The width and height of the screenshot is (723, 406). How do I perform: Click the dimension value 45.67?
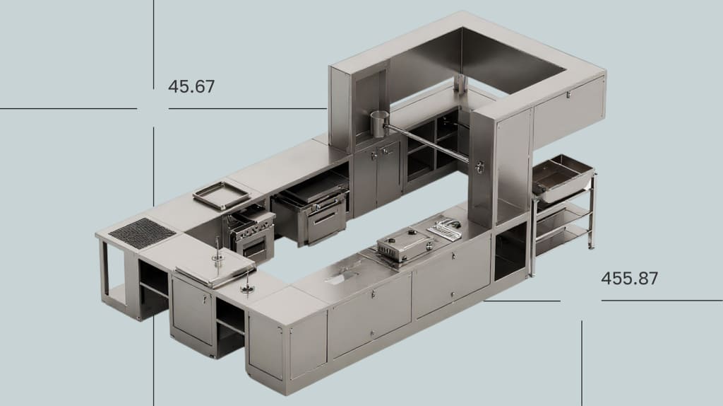191,86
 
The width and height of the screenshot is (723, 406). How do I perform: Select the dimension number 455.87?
629,279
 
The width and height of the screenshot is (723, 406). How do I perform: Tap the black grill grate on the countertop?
142,233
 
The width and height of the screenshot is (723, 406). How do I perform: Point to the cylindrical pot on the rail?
380,123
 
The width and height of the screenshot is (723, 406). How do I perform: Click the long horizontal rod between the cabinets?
426,141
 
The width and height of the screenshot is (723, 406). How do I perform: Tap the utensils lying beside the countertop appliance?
443,228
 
